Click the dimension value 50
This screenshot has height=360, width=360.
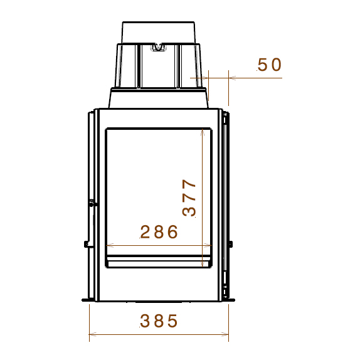[269, 65]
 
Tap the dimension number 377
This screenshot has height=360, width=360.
[189, 198]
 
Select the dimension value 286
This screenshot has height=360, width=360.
[159, 231]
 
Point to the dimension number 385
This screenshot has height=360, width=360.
[159, 320]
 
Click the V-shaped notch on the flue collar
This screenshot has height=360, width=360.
[158, 47]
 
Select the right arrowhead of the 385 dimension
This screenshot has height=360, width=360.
[225, 334]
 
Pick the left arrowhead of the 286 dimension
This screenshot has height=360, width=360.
[110, 245]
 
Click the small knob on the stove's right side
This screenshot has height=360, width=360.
[231, 244]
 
